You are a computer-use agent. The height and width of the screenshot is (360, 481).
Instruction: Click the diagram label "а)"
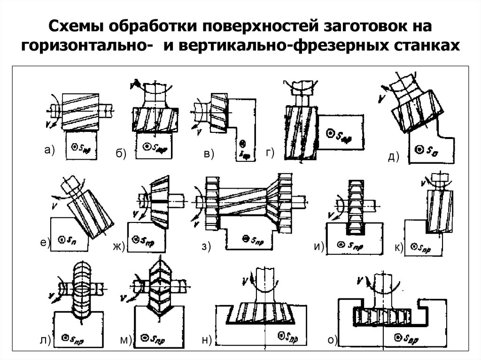pos(49,150)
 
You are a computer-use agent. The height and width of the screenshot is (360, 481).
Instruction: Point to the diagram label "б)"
pos(121,155)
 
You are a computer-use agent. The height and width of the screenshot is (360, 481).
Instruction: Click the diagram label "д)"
pos(393,157)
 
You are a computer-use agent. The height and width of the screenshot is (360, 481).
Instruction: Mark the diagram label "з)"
pos(206,246)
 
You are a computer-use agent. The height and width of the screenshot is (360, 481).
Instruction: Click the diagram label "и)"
pos(319,247)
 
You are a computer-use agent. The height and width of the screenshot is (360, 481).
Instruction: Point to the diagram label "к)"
pos(399,247)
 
